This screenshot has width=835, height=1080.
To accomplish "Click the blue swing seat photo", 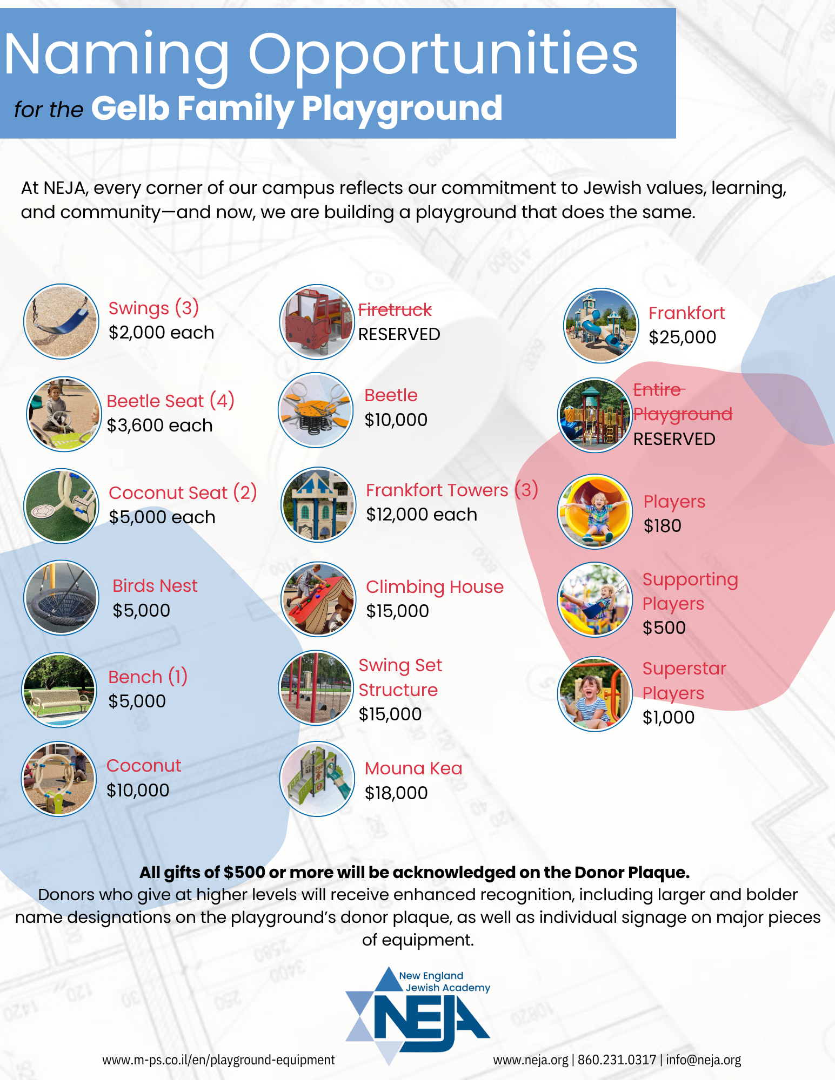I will coord(61,321).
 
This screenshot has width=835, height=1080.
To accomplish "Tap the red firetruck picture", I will coord(317,322).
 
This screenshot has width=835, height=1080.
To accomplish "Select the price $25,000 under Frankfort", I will coord(682,337).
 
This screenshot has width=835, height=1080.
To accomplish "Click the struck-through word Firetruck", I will coord(395,310).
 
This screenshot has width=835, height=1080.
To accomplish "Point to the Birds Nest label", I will coord(155,586).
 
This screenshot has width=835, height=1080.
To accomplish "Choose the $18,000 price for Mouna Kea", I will coord(396,793).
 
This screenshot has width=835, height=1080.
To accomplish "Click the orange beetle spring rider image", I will coord(316,410).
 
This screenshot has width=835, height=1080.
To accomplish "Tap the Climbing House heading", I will coord(435,587).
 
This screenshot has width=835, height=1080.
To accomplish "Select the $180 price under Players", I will coord(662,525).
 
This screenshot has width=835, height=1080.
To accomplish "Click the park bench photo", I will coord(59,690).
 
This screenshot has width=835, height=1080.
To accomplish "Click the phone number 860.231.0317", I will coord(617,1060).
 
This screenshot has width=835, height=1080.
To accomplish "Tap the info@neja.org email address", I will coord(703,1060).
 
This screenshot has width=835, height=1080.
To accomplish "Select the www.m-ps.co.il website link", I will coord(218,1060).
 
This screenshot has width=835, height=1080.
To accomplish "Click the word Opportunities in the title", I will coord(443,55).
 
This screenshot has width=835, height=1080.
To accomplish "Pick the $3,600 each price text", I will coord(159,426).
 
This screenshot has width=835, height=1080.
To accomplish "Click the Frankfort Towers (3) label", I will coord(452,490).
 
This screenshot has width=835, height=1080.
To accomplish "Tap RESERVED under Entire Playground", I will coord(674,439).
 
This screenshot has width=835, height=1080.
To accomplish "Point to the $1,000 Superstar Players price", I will coord(669,717).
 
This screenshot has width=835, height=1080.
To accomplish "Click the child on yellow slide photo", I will coord(595,511).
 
